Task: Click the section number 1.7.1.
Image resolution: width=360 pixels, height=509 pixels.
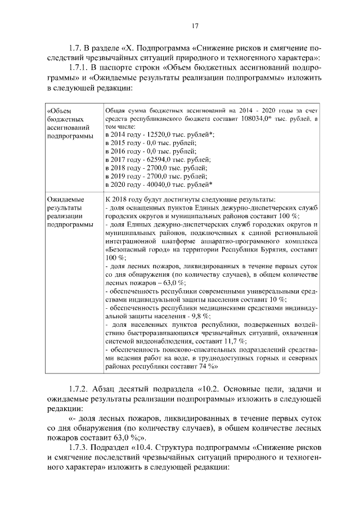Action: [x=77, y=67]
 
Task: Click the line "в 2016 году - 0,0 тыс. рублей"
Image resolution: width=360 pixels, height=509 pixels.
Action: [x=150, y=152]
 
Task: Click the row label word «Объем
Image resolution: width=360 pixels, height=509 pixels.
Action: [x=60, y=111]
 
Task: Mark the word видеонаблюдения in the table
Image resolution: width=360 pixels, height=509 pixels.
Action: [x=155, y=341]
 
